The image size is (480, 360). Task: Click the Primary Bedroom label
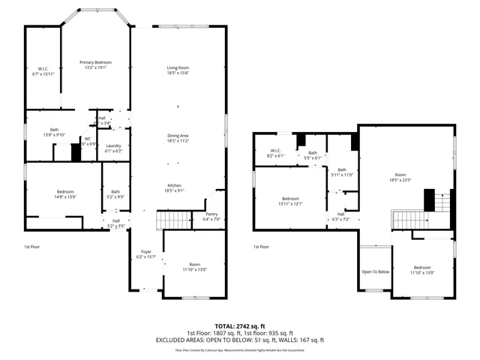coord(96,62)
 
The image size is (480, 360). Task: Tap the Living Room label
coord(178,68)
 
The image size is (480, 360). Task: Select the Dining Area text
coord(178,136)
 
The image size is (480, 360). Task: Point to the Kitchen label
coord(174,185)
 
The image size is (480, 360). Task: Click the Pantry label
coord(211,214)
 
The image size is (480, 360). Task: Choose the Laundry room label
coord(113,145)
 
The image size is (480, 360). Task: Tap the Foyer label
coord(145,252)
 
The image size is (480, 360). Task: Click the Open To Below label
coord(375,272)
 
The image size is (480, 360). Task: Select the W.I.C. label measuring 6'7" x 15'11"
coord(43,69)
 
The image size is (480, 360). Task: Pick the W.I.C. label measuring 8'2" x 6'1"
coord(275,151)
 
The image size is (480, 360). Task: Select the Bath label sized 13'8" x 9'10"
coord(55,130)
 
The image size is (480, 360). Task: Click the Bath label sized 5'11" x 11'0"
coord(342,170)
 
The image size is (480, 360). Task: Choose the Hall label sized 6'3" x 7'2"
coord(340,214)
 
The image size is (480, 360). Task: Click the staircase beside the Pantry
coord(172,220)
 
